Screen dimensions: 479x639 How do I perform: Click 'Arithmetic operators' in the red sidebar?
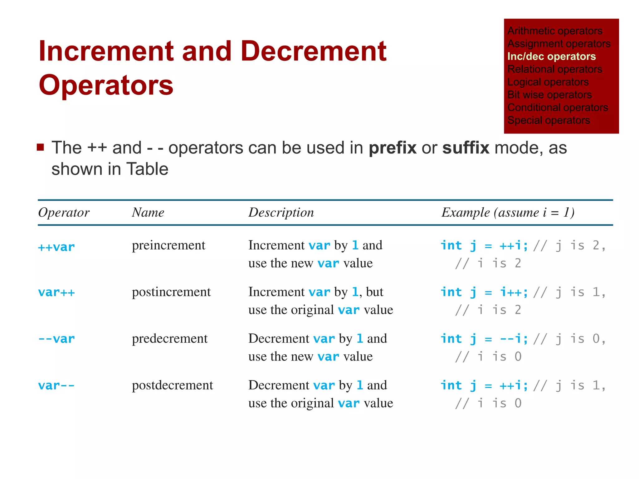coord(555,31)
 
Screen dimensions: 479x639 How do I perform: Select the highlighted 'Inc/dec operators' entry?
coord(551,56)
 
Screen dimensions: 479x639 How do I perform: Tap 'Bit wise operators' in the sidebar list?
coord(549,95)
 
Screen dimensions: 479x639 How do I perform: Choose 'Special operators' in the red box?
coord(549,120)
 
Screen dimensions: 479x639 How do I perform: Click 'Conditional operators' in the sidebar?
coord(558,108)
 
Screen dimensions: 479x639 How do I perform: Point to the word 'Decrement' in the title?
coord(313,51)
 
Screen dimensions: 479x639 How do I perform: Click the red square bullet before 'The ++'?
coord(40,147)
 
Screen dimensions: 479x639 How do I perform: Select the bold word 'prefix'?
coord(393,148)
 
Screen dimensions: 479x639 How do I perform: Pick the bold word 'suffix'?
coord(466,148)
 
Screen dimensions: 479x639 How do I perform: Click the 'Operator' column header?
coord(64,213)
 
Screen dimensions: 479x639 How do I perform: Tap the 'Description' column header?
coord(281,213)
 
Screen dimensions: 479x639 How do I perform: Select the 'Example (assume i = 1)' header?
coord(508,213)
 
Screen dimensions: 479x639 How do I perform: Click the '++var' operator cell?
coord(56,247)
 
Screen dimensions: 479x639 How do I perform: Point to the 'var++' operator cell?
coord(56,293)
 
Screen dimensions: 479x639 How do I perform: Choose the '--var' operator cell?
coord(56,339)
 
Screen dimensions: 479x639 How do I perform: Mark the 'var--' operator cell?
coord(56,386)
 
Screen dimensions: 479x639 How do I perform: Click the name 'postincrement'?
coord(171,292)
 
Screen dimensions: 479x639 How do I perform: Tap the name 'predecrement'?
coord(170,339)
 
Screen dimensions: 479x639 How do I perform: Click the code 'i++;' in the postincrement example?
coord(514,293)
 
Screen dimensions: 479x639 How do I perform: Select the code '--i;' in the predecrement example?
coord(514,339)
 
